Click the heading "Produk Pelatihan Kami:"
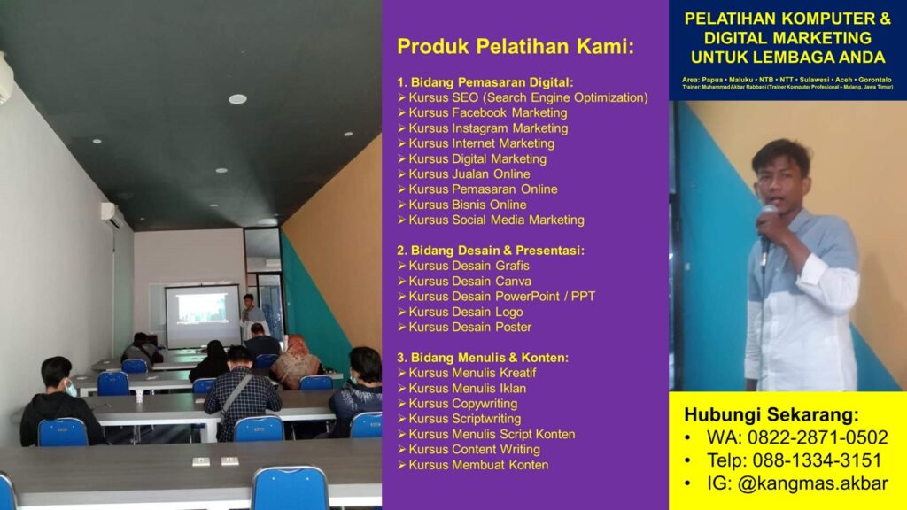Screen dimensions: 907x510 coord(516,47)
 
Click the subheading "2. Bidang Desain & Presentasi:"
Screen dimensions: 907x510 coord(491,251)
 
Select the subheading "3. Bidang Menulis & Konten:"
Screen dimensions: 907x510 coord(483,358)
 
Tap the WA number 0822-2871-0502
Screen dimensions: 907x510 coord(818,437)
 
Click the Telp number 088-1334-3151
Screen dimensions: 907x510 coord(817,460)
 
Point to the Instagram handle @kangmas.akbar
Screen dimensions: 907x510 coord(812,483)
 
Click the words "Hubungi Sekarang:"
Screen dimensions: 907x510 coord(771,414)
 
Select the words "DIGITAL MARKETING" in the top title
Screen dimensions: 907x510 coord(787,38)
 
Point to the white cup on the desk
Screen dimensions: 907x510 coord(139,396)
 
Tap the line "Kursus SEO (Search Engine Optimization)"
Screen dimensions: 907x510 coord(528,97)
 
